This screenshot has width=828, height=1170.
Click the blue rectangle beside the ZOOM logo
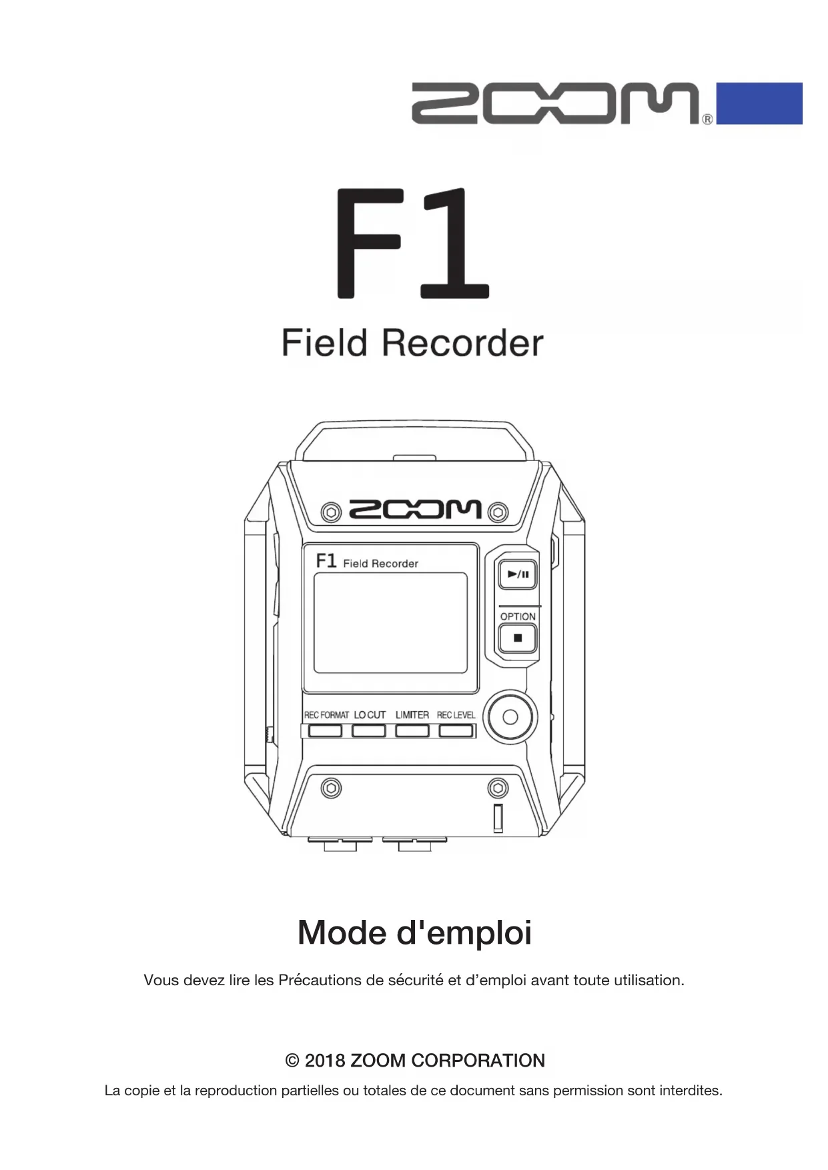tap(759, 103)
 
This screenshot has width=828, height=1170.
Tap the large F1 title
tap(412, 243)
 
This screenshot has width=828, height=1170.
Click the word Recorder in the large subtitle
tap(462, 344)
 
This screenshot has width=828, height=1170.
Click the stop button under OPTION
tap(518, 638)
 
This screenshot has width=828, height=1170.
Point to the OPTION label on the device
tap(518, 616)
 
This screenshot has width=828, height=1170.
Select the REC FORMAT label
tap(326, 715)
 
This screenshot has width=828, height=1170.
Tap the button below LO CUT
tap(369, 731)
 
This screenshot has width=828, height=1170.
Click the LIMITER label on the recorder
tap(412, 715)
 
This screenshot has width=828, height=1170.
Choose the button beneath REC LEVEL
tap(456, 731)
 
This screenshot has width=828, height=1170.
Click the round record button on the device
tap(510, 717)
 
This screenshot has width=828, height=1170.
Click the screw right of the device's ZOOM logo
tap(498, 512)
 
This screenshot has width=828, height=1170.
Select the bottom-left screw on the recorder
tap(331, 788)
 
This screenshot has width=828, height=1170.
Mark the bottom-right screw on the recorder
tap(498, 788)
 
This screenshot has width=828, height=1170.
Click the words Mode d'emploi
tap(414, 933)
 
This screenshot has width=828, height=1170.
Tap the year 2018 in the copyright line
tap(324, 1061)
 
